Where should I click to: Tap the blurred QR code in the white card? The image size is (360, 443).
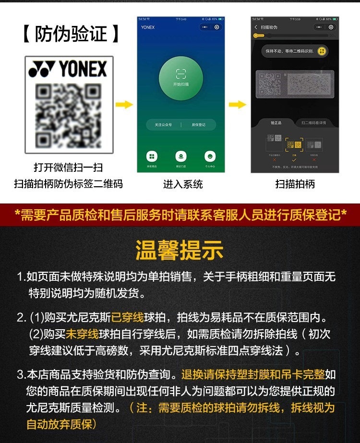click(x=69, y=115)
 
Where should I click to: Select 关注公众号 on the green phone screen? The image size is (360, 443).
click(x=163, y=125)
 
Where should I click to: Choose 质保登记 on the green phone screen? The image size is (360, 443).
click(x=198, y=125)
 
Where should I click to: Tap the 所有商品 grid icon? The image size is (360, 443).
click(x=152, y=156)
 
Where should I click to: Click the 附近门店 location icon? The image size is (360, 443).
click(x=181, y=156)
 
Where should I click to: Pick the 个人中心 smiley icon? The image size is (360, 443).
click(x=210, y=156)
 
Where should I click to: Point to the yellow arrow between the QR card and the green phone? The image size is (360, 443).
click(x=124, y=104)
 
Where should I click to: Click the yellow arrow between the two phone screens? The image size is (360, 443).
click(x=237, y=104)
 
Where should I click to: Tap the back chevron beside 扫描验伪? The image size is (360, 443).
click(x=256, y=27)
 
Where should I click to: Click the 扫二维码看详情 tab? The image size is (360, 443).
click(x=314, y=123)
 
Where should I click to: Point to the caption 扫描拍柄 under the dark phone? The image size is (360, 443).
click(x=295, y=184)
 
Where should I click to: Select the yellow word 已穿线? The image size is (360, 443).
click(x=128, y=318)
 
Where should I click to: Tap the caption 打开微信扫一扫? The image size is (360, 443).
click(x=68, y=168)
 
